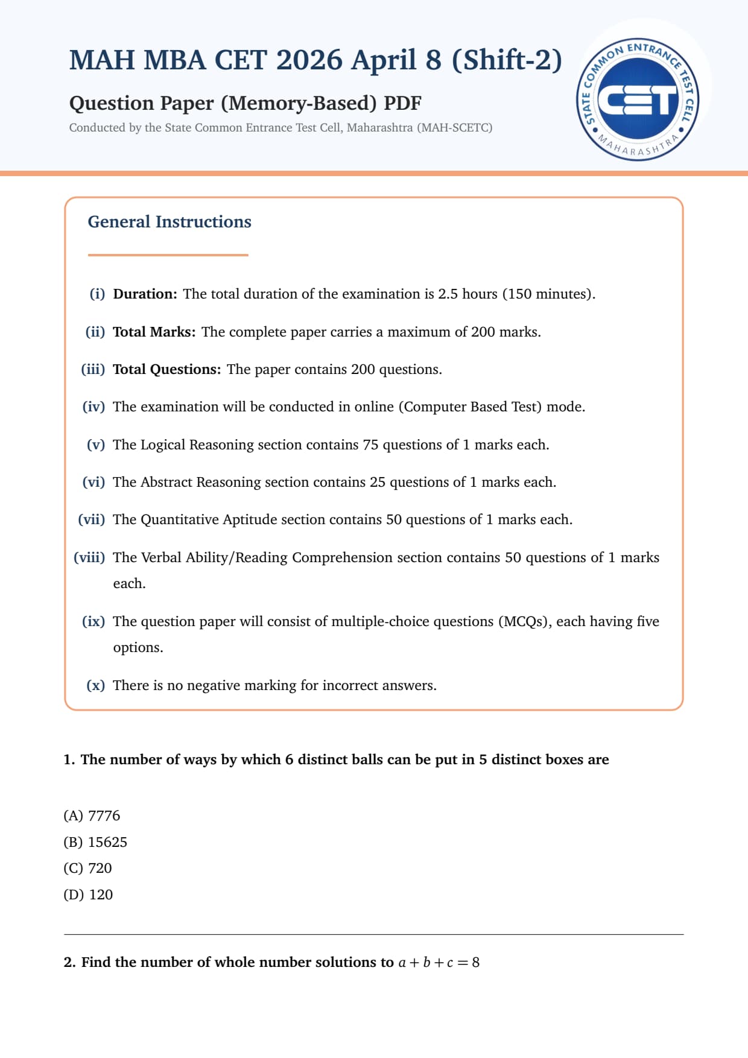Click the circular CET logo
[638, 100]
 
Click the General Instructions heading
[170, 222]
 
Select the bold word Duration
[145, 294]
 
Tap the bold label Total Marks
[154, 332]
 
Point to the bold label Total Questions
[166, 369]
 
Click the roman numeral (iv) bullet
[93, 407]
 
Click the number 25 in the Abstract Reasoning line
[377, 482]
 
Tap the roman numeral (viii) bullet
[89, 557]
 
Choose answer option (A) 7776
[92, 816]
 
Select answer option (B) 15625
[95, 842]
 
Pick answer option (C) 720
[87, 868]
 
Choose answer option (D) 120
[88, 895]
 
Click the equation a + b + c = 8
[439, 962]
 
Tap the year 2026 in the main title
[309, 60]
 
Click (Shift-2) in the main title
[507, 60]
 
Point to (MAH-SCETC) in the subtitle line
[454, 128]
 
